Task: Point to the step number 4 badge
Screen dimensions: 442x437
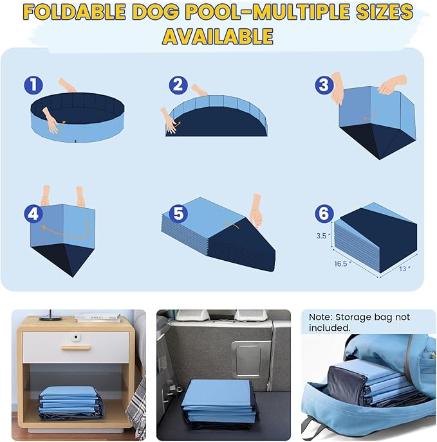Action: pyautogui.click(x=33, y=213)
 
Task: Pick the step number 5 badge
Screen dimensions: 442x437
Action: pyautogui.click(x=178, y=213)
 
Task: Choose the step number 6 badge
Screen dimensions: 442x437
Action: pyautogui.click(x=323, y=213)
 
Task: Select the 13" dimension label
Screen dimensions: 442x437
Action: pyautogui.click(x=404, y=269)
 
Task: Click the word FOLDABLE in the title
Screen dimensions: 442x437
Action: pyautogui.click(x=87, y=12)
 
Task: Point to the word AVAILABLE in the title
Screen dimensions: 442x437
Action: pyautogui.click(x=218, y=36)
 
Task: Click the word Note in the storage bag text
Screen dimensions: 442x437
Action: pyautogui.click(x=320, y=317)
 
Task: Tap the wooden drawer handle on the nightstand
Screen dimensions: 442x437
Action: pyautogui.click(x=76, y=348)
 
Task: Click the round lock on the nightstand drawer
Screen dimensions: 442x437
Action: pyautogui.click(x=76, y=337)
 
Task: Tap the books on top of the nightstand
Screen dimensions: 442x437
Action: pyautogui.click(x=97, y=317)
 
